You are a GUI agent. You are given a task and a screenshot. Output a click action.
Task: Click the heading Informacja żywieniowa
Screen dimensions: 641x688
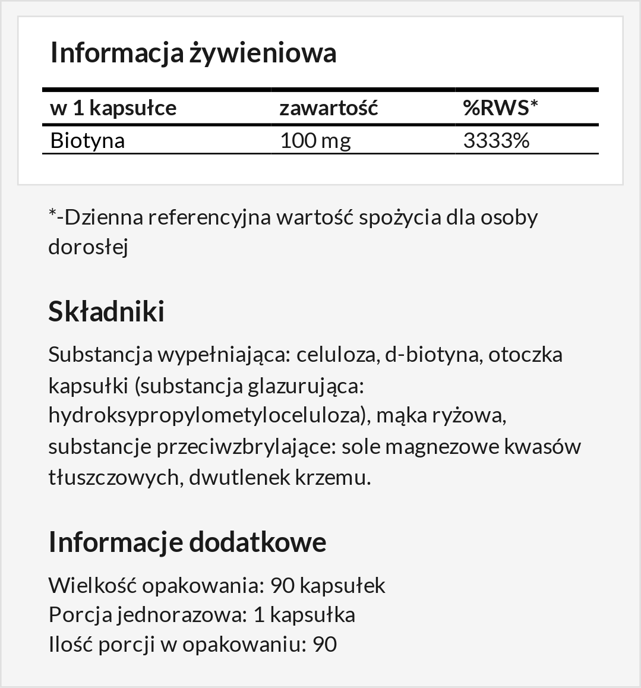[193, 52]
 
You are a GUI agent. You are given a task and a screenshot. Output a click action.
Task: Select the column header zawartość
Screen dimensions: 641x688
[329, 108]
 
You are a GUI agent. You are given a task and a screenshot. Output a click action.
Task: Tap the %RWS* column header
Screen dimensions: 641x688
[500, 108]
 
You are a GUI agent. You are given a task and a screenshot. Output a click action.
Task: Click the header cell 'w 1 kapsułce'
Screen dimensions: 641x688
[113, 108]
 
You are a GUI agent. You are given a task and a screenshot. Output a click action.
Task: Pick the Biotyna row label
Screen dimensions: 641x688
[87, 141]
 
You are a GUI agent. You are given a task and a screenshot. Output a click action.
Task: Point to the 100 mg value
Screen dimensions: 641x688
[315, 141]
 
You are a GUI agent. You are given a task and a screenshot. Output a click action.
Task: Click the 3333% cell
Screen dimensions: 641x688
[495, 141]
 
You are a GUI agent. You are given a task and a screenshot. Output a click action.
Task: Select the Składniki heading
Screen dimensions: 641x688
[106, 311]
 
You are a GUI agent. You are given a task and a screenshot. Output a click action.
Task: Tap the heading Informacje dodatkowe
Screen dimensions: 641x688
[187, 542]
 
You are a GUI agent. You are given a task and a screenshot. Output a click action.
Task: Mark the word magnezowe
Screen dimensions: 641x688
[441, 447]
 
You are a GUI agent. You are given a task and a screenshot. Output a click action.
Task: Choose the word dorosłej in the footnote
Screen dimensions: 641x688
[88, 247]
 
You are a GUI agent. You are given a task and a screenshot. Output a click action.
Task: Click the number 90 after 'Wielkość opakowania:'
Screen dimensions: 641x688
[282, 585]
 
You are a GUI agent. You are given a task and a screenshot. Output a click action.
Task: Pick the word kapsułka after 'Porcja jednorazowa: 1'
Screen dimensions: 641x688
[312, 614]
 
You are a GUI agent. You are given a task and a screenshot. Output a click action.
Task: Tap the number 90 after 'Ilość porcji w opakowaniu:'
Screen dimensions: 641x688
[324, 644]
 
